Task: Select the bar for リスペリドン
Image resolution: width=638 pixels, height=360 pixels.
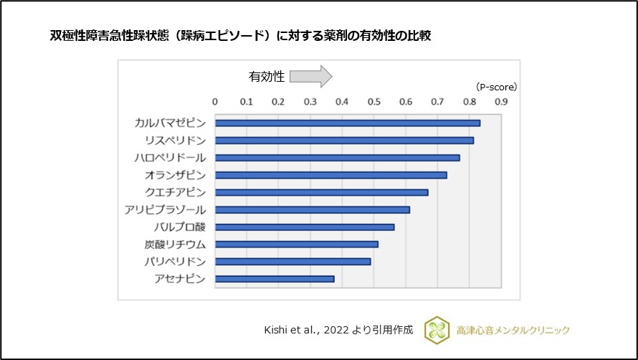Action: [344, 141]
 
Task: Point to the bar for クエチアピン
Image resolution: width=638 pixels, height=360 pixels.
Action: [322, 192]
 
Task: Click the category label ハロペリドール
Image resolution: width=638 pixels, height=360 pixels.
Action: [171, 158]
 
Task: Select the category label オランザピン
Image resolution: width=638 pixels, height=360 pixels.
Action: [175, 175]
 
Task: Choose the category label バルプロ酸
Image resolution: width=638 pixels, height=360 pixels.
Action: [179, 227]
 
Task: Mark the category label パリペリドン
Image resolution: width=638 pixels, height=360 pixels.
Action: [175, 262]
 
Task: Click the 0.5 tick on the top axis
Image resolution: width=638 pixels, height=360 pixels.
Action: [373, 102]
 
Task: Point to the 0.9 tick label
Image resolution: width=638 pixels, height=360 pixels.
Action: [500, 102]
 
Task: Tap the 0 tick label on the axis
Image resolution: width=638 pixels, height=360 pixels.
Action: [215, 102]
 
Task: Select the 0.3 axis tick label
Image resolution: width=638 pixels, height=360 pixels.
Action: [310, 102]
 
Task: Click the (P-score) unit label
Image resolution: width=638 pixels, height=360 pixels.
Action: [496, 87]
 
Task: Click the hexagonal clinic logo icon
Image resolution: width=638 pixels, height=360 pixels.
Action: [437, 330]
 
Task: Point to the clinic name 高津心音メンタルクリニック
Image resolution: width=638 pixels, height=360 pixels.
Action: [513, 330]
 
